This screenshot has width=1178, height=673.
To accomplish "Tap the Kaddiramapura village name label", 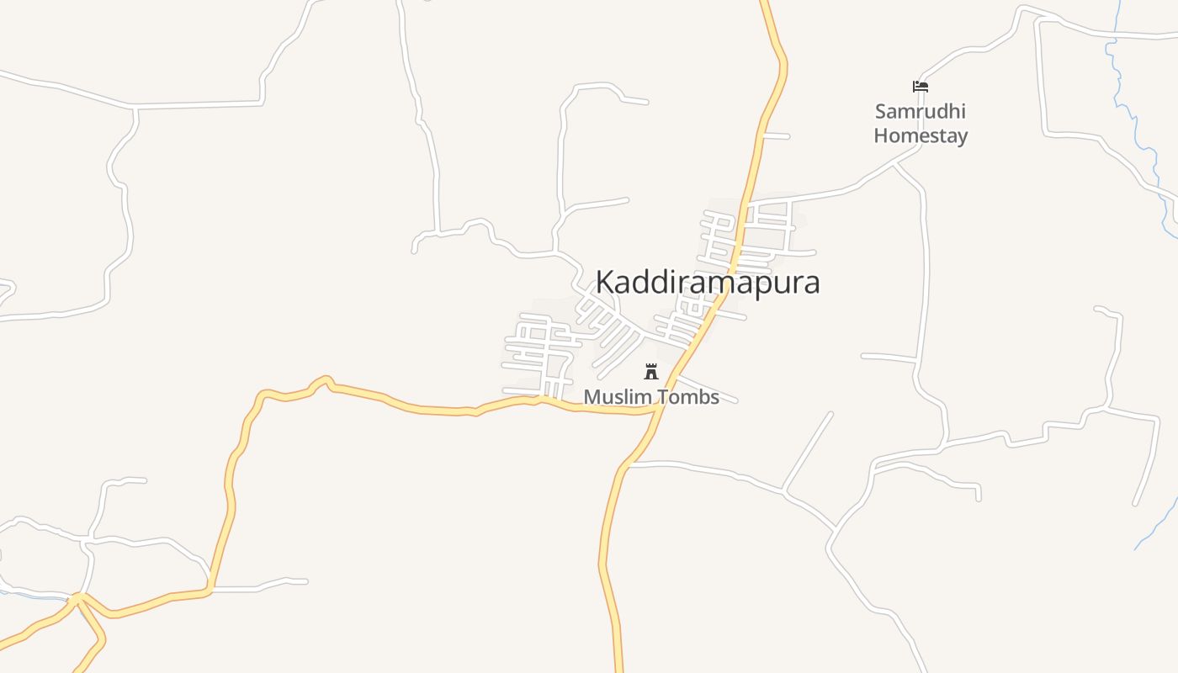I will coord(708,283).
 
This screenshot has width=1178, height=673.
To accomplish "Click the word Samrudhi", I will coord(920,112).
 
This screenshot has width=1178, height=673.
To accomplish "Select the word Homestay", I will coord(921,135).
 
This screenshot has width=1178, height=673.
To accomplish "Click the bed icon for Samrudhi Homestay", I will coord(921,87).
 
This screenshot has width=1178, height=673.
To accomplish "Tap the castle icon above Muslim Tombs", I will coord(650,372).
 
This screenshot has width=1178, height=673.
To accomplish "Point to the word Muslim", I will coord(613,397).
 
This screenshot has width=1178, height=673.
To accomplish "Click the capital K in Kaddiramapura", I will coord(605,283).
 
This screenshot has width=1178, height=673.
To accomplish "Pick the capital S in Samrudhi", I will coord(881,112).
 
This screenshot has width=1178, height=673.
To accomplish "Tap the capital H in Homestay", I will coord(881,135).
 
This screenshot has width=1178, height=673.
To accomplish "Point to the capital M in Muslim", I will coord(592,397).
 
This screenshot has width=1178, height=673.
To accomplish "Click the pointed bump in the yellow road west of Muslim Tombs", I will coord(325,379).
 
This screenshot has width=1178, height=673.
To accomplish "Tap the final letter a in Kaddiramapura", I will coord(811,284).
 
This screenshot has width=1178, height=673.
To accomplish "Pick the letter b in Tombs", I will coord(700,397).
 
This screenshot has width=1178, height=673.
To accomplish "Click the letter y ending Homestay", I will coord(962,138).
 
